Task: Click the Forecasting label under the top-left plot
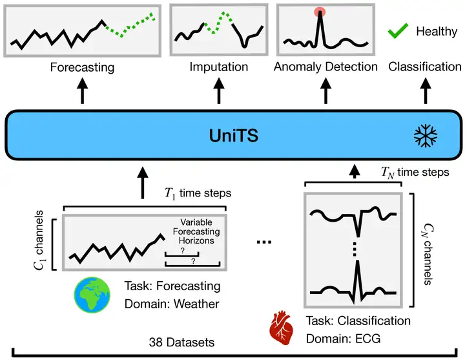82,67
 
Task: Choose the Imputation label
218,67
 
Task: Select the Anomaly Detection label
325,67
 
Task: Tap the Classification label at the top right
424,67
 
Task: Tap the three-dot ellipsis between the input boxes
264,242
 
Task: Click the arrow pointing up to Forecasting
82,92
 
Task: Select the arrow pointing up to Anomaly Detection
325,92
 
